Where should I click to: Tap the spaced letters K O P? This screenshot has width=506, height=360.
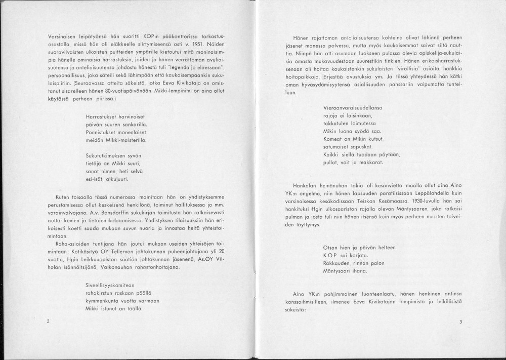(330, 256)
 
